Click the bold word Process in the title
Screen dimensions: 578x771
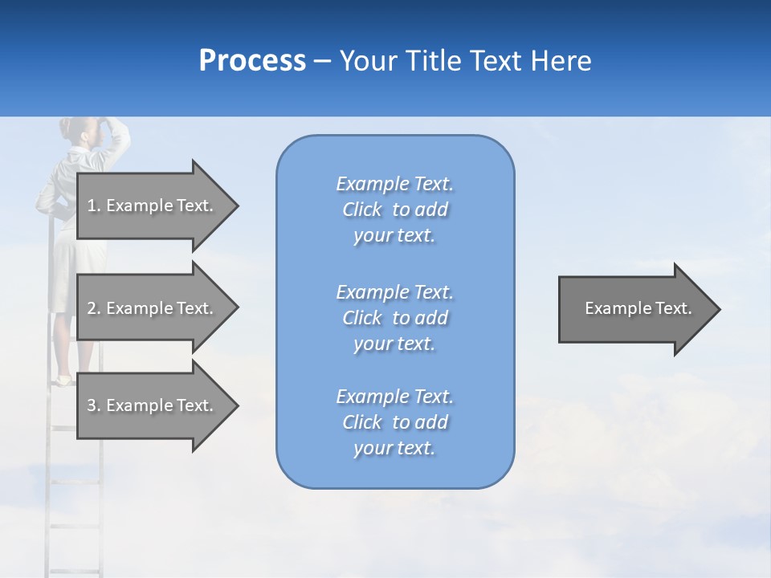point(252,61)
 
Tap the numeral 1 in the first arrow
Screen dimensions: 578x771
point(92,206)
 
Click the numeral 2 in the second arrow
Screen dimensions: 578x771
point(92,308)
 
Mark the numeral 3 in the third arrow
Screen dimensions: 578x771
point(92,405)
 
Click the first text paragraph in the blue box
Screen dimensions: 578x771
point(394,210)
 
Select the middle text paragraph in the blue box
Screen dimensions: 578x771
point(394,318)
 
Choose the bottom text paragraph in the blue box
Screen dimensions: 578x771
point(394,422)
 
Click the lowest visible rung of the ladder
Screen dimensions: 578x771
point(75,571)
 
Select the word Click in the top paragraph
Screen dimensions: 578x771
point(362,210)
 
